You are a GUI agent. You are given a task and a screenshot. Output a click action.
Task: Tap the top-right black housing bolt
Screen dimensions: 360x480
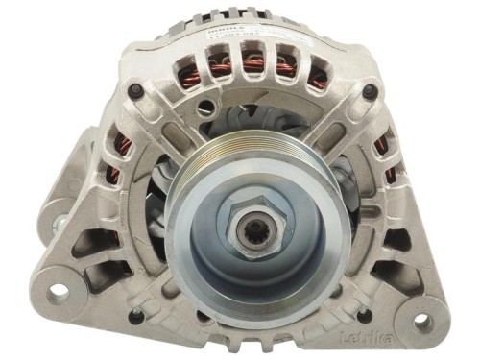(369, 92)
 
